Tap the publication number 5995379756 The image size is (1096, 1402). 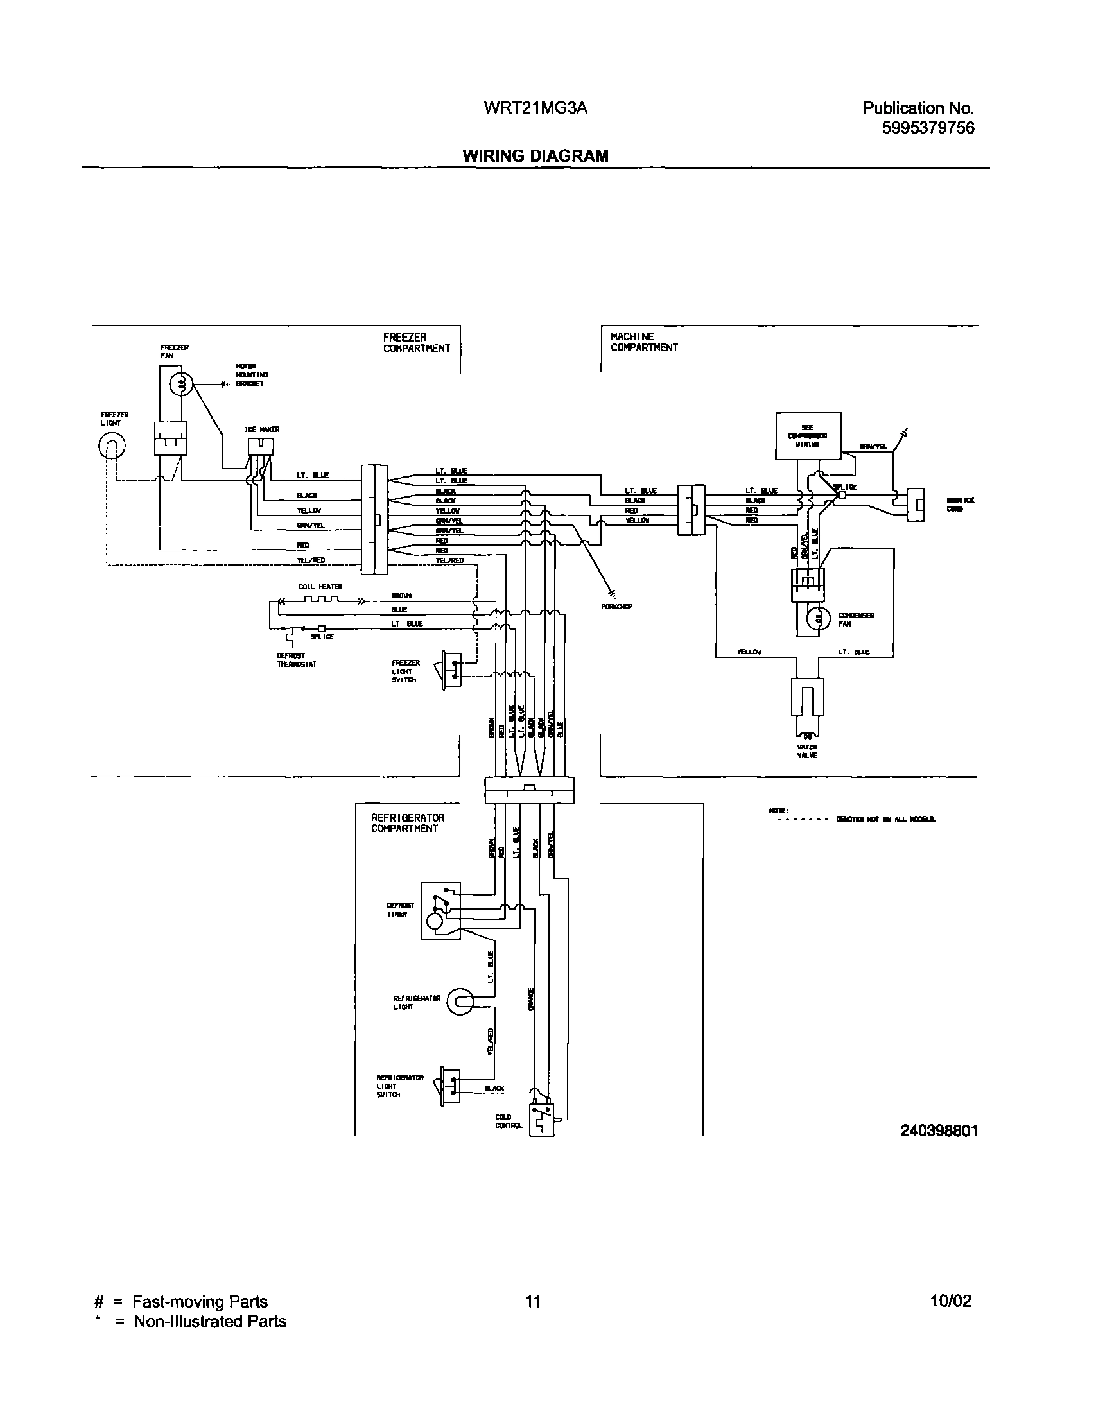[x=928, y=128]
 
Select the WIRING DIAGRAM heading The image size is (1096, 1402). [x=535, y=156]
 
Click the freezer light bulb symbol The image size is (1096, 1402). [x=112, y=445]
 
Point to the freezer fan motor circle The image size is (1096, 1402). [x=181, y=385]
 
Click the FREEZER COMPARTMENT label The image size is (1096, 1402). [x=416, y=343]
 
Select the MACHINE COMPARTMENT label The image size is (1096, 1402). [x=643, y=342]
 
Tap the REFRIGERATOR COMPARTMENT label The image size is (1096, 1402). [x=408, y=823]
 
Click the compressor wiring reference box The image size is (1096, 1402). [x=808, y=436]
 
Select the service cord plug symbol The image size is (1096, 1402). [x=915, y=505]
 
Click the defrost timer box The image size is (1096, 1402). [x=440, y=910]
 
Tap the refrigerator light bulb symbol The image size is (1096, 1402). [x=460, y=1001]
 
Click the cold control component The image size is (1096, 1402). [x=541, y=1119]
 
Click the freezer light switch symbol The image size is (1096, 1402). [x=451, y=669]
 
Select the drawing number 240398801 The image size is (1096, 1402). [x=939, y=1130]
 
